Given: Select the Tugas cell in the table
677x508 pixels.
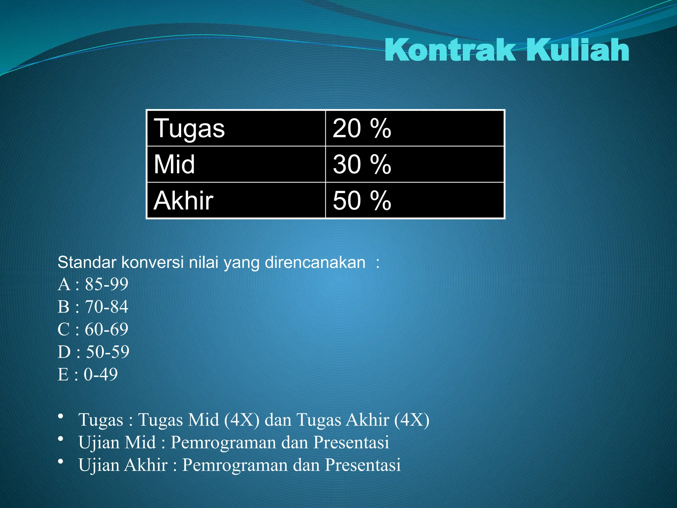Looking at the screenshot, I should pyautogui.click(x=236, y=128).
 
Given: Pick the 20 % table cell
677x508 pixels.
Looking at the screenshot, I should pyautogui.click(x=415, y=128).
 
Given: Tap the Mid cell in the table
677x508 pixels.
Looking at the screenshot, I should pyautogui.click(x=236, y=164).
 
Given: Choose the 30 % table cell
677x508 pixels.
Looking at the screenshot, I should pyautogui.click(x=415, y=164).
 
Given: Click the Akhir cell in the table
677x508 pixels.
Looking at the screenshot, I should pyautogui.click(x=236, y=200).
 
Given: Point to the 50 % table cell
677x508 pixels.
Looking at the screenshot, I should pyautogui.click(x=415, y=200).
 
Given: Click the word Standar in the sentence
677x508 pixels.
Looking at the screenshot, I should pyautogui.click(x=87, y=262).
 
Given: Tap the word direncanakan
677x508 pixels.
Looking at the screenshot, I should pyautogui.click(x=315, y=262).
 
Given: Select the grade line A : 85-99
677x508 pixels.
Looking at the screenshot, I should pyautogui.click(x=93, y=284).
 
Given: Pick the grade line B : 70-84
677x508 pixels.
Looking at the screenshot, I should pyautogui.click(x=93, y=307).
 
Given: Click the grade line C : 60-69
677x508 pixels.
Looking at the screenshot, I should pyautogui.click(x=93, y=329).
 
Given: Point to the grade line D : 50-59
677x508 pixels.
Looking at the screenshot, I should pyautogui.click(x=94, y=352).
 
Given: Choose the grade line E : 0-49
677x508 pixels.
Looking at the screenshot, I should pyautogui.click(x=88, y=374).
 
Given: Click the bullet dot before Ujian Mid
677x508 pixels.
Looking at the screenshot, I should pyautogui.click(x=60, y=439).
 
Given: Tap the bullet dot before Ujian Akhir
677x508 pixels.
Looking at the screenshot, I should pyautogui.click(x=60, y=461).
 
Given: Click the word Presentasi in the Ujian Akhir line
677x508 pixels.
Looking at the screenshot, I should pyautogui.click(x=363, y=465).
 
